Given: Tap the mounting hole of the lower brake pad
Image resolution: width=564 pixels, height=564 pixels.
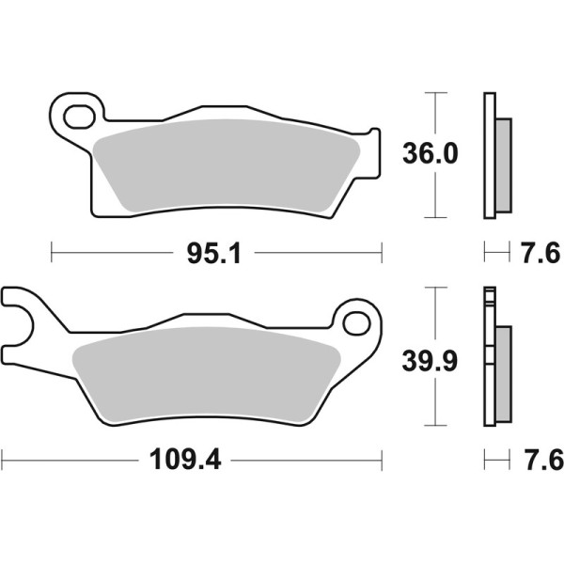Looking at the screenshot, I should [x=358, y=322].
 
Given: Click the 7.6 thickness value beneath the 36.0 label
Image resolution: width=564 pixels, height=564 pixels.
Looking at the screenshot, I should [x=539, y=253].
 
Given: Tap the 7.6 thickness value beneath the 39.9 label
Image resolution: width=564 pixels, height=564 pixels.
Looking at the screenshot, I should [x=539, y=461].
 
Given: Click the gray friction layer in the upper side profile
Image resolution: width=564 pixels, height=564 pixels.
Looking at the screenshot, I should [x=504, y=164].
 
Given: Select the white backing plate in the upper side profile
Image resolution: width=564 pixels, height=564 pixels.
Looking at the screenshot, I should [x=489, y=156].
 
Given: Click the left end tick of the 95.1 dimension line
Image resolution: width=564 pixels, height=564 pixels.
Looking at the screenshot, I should [x=51, y=252].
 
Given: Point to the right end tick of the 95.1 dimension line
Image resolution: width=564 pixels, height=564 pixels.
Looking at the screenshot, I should [x=383, y=252].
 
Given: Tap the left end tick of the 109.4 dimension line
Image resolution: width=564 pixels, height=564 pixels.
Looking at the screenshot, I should [x=3, y=461].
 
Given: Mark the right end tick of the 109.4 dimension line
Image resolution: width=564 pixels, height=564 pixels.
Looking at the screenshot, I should [x=383, y=461].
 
